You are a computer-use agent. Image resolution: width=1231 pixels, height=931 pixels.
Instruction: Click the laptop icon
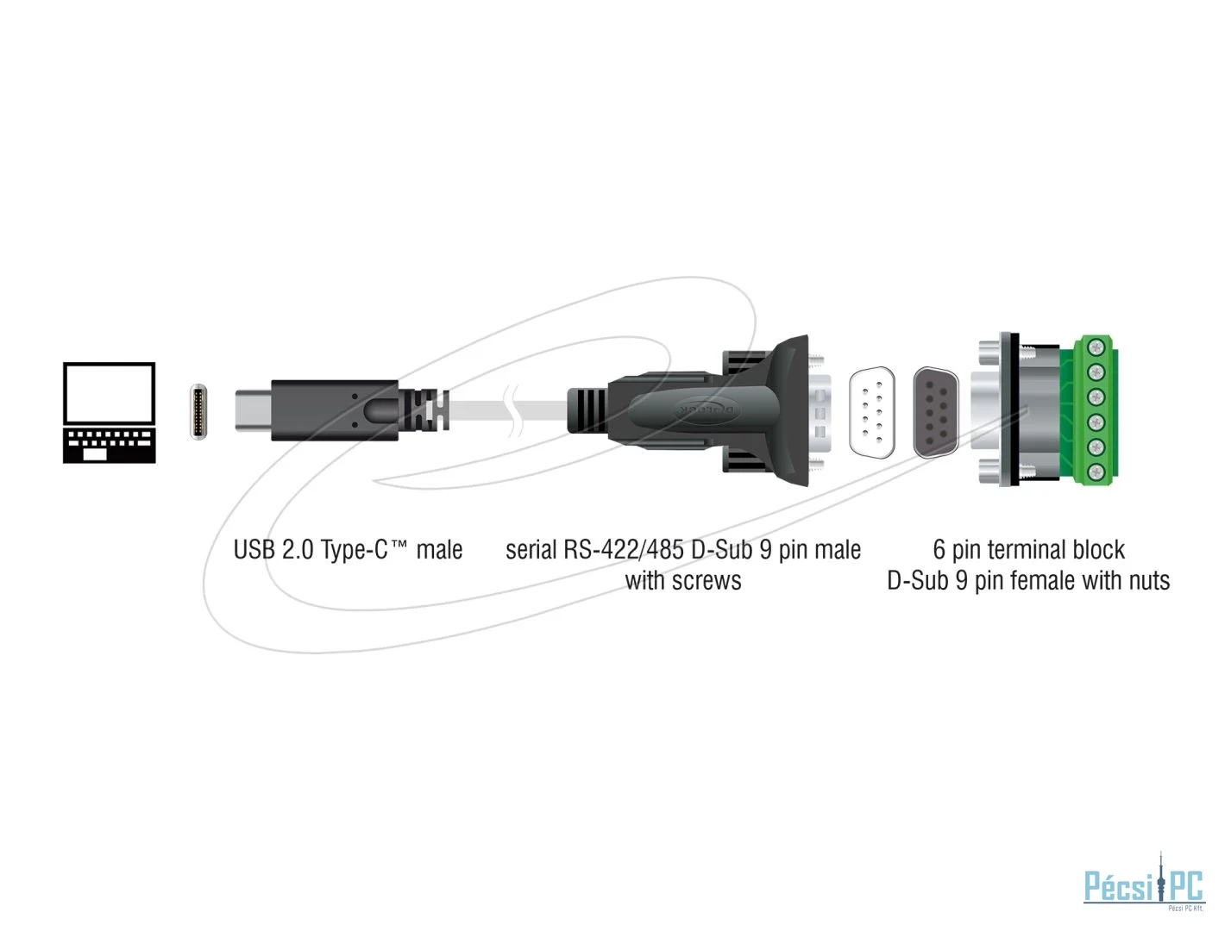tap(109, 412)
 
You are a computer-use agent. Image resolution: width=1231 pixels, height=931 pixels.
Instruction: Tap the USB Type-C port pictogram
tap(198, 412)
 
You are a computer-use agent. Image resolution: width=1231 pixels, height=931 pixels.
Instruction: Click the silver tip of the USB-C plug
tap(253, 410)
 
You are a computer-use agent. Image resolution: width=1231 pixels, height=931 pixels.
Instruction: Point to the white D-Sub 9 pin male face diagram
tap(871, 412)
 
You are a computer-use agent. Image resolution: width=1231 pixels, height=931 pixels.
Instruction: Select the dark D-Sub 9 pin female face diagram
tap(935, 412)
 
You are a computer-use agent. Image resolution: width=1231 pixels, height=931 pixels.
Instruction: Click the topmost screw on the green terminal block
tap(1094, 348)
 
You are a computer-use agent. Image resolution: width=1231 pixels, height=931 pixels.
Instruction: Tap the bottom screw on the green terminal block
tap(1094, 472)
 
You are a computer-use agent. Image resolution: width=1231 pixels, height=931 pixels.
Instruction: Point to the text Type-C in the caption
tap(354, 549)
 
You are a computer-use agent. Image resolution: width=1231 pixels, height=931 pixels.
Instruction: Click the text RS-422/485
tap(625, 549)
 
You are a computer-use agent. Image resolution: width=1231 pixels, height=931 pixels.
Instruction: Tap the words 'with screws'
tap(683, 580)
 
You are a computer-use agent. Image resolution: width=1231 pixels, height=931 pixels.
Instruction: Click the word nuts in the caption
tap(1150, 582)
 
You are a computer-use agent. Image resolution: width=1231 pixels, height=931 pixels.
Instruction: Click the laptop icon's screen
tap(109, 393)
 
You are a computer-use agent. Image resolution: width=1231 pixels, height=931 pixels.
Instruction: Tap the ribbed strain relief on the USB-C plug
tap(425, 410)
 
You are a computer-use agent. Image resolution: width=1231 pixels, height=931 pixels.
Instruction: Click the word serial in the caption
tap(531, 549)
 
